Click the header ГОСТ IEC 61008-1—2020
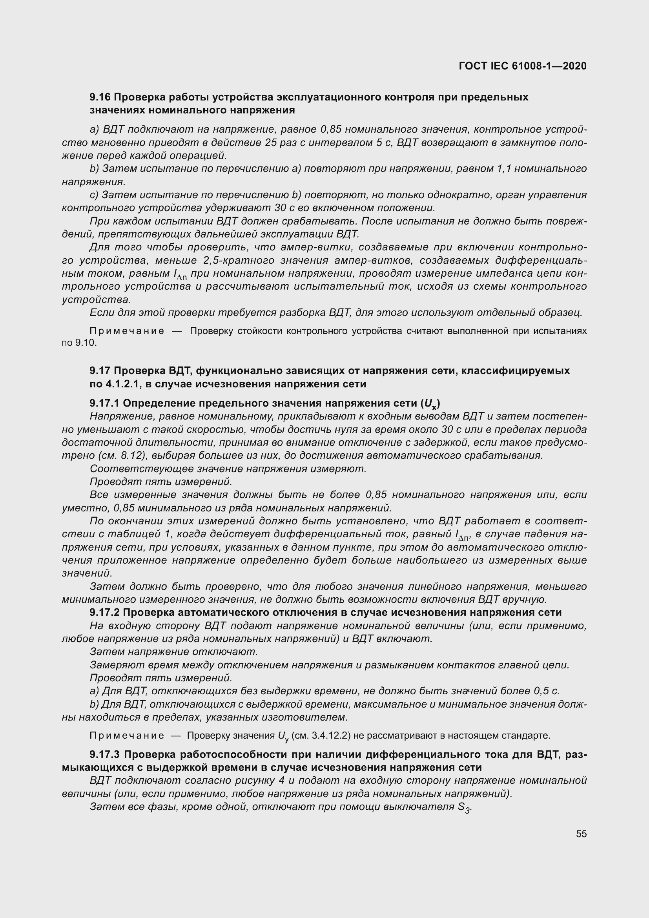[x=523, y=66]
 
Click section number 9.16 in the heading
[x=100, y=97]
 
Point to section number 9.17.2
[x=106, y=612]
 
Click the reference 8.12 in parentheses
[x=126, y=455]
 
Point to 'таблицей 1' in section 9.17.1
[x=141, y=534]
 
